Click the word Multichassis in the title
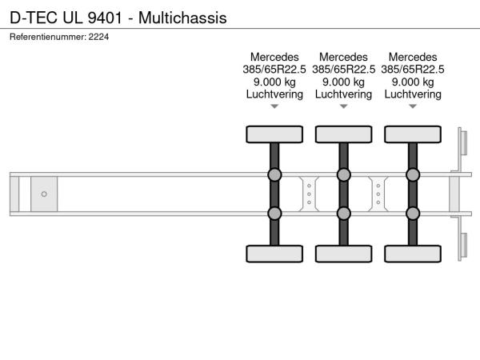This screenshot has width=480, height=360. [x=182, y=18]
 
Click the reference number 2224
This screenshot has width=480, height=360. [x=98, y=37]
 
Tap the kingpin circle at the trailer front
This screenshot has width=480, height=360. [x=44, y=194]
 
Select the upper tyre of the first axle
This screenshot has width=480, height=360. [x=274, y=134]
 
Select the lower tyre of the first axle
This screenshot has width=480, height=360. [x=274, y=254]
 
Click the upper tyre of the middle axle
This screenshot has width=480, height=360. [x=344, y=134]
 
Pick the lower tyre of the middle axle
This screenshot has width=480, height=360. [x=344, y=254]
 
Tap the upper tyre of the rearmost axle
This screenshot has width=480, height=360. [x=413, y=134]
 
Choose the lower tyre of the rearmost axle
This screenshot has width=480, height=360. [x=413, y=254]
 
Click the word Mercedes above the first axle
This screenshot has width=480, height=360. [x=274, y=58]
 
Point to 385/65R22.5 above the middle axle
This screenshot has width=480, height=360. [x=344, y=70]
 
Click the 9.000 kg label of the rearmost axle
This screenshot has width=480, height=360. [x=413, y=82]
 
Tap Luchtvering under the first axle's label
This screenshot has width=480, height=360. [x=274, y=94]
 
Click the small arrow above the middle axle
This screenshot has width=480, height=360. [x=344, y=106]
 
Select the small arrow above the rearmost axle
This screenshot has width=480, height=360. [x=413, y=106]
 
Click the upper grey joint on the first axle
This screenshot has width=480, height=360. [x=274, y=174]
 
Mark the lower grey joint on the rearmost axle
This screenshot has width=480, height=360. [x=413, y=214]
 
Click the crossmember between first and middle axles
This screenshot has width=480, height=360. [x=309, y=194]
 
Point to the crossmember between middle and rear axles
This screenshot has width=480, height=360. [x=378, y=194]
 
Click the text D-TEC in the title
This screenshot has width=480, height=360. [x=34, y=18]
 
